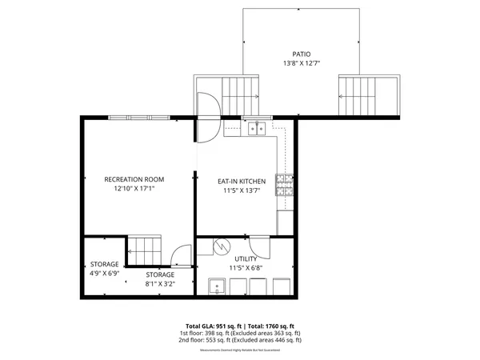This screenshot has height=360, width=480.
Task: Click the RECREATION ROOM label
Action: click(134, 179)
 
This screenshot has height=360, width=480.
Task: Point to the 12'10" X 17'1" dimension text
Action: click(134, 189)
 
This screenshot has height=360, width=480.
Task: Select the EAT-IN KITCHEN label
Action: click(242, 182)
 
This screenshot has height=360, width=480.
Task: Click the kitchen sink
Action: click(256, 126)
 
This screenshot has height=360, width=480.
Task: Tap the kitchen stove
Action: click(284, 186)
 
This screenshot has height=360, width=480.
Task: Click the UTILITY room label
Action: click(246, 259)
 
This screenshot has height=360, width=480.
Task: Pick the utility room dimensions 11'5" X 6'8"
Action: click(246, 268)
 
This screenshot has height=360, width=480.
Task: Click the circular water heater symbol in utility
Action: click(220, 246)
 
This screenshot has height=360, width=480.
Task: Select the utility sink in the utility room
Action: click(216, 286)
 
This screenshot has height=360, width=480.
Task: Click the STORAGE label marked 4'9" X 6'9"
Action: click(104, 264)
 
